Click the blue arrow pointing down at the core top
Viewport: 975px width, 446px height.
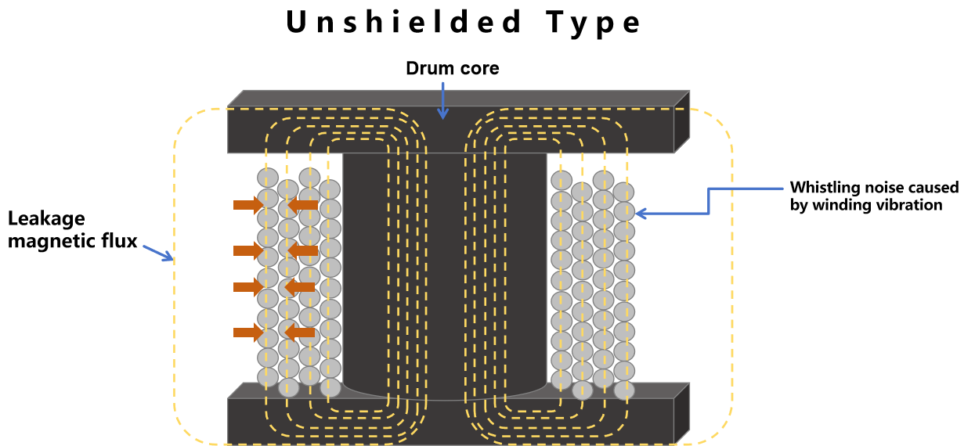(x=442, y=100)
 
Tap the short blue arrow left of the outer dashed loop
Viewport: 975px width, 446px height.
(x=157, y=253)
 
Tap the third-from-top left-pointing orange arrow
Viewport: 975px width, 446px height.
(x=300, y=287)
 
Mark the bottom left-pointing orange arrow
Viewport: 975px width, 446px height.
(x=300, y=333)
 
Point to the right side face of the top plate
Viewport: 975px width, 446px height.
(x=681, y=122)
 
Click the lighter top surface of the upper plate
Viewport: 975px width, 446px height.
(x=458, y=99)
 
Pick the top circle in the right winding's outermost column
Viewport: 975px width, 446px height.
(x=624, y=192)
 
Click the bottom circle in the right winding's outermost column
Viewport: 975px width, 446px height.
(x=624, y=390)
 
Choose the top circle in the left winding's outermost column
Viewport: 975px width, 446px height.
(x=268, y=178)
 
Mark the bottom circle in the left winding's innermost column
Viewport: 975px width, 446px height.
(x=330, y=387)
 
